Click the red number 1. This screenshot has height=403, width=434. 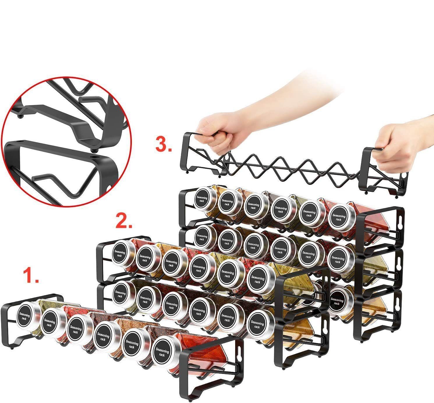point(31,276)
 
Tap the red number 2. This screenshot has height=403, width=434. point(124,221)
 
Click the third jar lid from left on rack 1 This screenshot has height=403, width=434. point(76,330)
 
